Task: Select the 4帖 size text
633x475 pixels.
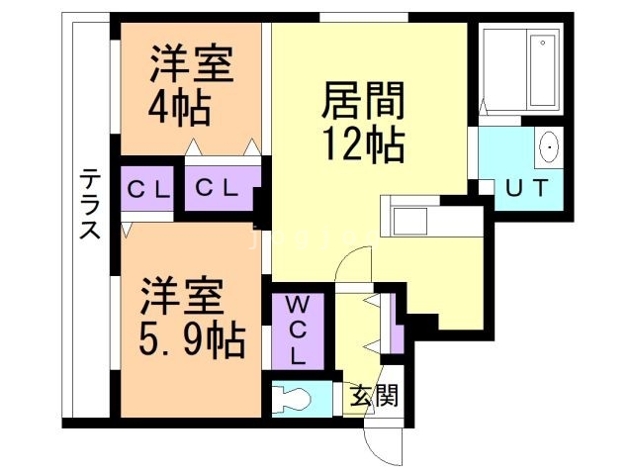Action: click(181, 107)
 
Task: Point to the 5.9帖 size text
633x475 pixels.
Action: click(192, 340)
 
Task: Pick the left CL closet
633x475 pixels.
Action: click(148, 187)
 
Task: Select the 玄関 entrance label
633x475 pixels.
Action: click(374, 397)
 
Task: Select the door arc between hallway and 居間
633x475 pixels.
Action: click(351, 265)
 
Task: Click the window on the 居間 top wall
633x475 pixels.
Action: click(363, 17)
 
